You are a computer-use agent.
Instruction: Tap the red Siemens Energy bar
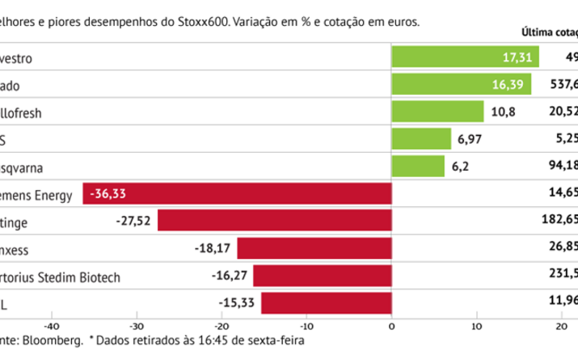click(237, 193)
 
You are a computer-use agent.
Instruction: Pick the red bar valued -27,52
click(274, 221)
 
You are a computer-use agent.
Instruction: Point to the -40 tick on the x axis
click(51, 326)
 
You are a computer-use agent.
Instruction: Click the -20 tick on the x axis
click(221, 326)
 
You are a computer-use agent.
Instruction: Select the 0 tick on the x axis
click(391, 326)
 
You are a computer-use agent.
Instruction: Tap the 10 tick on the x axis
click(476, 326)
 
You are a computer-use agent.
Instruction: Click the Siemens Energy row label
click(36, 194)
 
